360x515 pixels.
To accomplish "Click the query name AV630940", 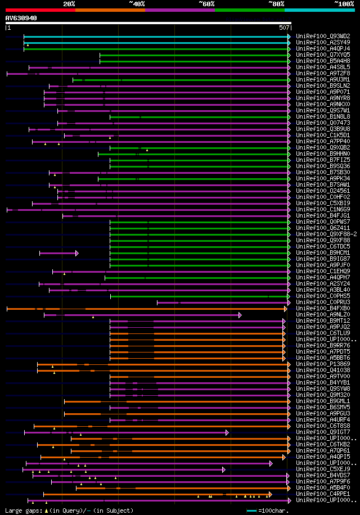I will [21, 18].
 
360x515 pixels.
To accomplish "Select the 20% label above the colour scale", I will [69, 4].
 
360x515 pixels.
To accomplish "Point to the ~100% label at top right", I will [344, 4].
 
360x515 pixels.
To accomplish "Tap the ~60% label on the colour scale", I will [206, 4].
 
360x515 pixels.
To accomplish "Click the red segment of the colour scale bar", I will [40, 10].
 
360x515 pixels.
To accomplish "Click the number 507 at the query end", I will [284, 27].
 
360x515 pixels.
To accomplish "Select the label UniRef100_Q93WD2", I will [322, 36].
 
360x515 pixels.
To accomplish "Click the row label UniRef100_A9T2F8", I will [322, 73].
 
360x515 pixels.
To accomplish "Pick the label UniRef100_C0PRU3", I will [322, 302].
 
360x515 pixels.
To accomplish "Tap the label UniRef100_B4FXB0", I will [322, 308].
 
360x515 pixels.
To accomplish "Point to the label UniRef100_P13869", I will [322, 364].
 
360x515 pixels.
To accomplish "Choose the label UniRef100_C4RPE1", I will [322, 494].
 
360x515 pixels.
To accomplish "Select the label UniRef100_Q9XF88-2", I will [326, 234].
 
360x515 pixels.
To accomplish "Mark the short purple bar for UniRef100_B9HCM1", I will [58, 253].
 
